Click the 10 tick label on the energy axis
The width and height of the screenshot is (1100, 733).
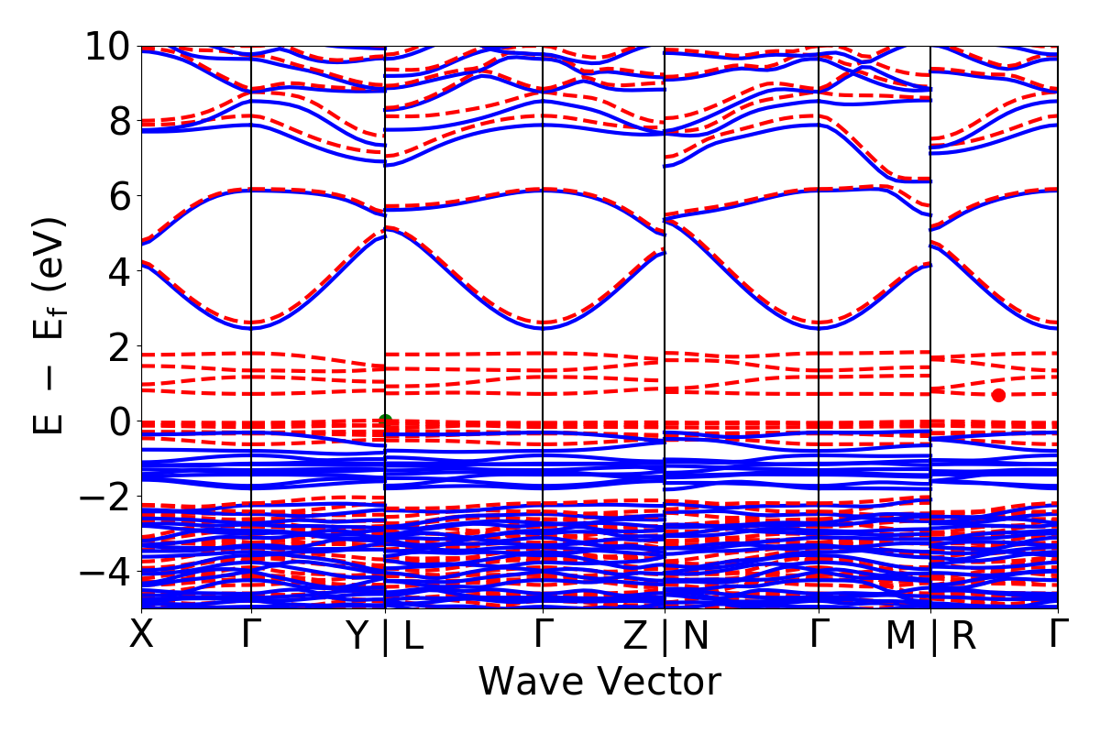click(107, 46)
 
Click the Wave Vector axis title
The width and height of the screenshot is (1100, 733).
click(599, 683)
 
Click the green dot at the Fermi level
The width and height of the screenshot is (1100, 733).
click(385, 421)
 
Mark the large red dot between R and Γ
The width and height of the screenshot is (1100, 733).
click(998, 395)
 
